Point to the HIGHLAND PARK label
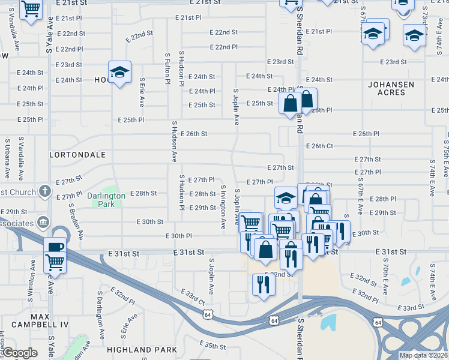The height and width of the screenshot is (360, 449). point(142,349)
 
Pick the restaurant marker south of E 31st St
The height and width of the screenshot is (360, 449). point(264,284)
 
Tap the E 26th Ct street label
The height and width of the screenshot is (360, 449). point(319,146)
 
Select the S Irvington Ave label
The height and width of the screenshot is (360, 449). point(223,207)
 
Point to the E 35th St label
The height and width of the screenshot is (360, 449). point(213,345)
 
